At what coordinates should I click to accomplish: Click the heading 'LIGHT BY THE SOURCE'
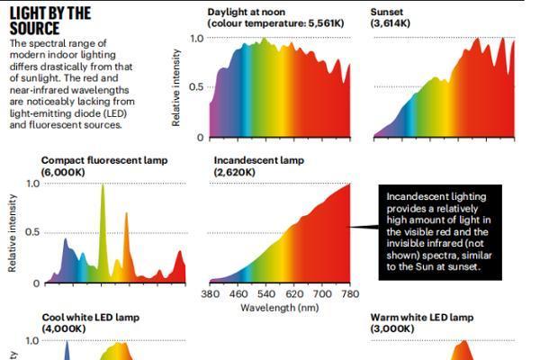(x=50, y=22)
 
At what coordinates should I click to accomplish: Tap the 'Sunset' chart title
(x=386, y=12)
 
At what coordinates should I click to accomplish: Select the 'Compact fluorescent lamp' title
(x=104, y=160)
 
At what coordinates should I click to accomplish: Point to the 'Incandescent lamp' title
(x=259, y=160)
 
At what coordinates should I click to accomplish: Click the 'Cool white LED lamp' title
(x=91, y=318)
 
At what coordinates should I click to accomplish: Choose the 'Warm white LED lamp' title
(x=422, y=318)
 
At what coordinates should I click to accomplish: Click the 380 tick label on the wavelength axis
(x=211, y=294)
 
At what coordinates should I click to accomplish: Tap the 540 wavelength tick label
(x=266, y=294)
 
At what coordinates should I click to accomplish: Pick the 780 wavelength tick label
(x=351, y=294)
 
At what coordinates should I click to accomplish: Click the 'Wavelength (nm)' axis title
(x=280, y=308)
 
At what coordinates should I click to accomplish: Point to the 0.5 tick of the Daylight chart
(x=196, y=86)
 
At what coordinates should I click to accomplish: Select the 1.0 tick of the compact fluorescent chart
(x=33, y=184)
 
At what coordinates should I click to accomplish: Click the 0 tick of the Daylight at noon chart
(x=201, y=138)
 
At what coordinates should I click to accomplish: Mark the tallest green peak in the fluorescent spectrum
(x=103, y=186)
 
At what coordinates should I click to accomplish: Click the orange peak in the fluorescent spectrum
(x=126, y=214)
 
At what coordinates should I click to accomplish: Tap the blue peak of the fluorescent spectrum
(x=66, y=240)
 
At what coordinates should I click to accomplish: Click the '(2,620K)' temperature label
(x=235, y=172)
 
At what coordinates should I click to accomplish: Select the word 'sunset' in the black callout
(x=463, y=266)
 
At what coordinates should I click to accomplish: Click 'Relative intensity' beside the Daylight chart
(x=176, y=87)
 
